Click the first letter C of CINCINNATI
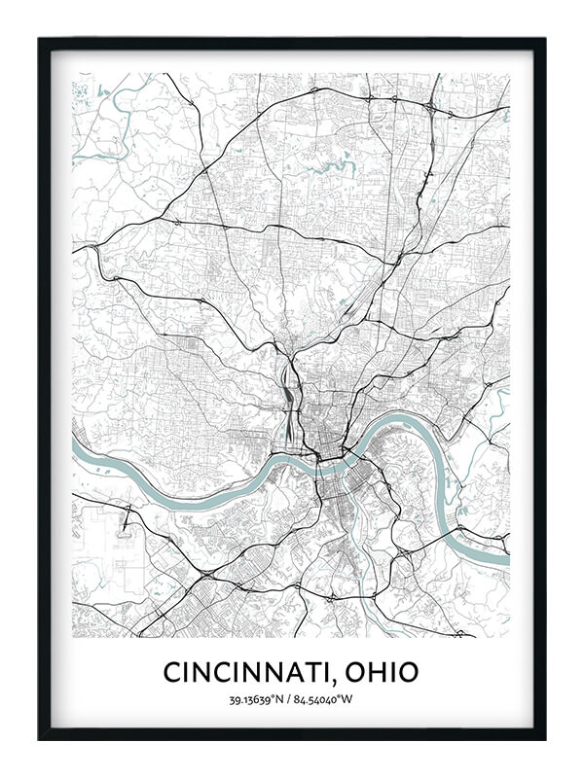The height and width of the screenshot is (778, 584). tap(172, 672)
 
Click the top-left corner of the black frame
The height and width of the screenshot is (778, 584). tap(41, 41)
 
